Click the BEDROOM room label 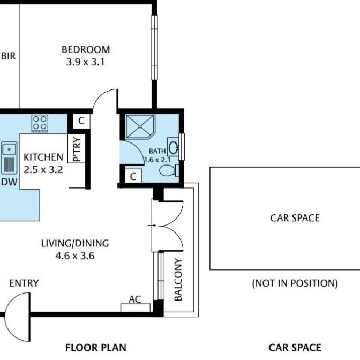coord(86,50)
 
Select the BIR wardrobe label coord(8,56)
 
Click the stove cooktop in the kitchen coord(40,123)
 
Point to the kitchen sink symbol coord(9,157)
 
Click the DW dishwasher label coord(8,182)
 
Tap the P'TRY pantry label coord(77,150)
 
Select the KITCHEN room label coord(43,157)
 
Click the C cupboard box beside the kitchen coord(81,121)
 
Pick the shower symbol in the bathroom coord(139,127)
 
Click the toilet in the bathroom coord(169,171)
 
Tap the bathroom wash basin coord(174,146)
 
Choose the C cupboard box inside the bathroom coord(133,176)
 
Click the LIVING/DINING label coord(75,243)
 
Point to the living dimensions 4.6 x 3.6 coord(75,256)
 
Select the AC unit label coord(135,299)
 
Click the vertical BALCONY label coord(178,280)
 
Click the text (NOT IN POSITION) coord(295,283)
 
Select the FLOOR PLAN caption coord(96,348)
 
